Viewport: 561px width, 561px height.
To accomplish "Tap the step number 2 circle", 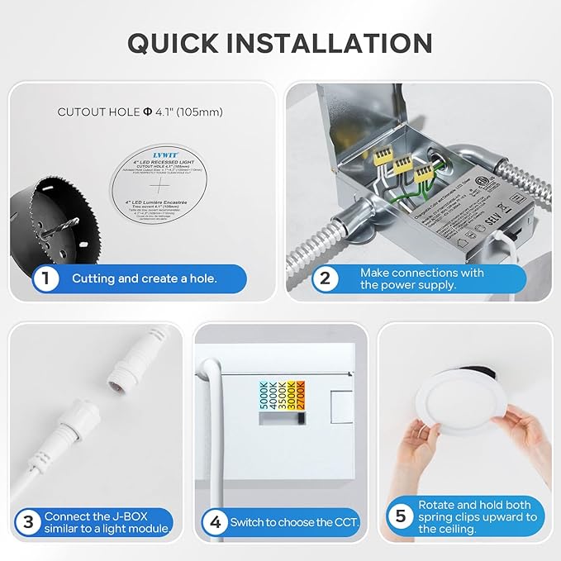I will [x=325, y=278].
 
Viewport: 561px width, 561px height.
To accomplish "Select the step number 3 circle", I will [x=27, y=521].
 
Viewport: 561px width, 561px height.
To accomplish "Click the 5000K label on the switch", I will [x=264, y=395].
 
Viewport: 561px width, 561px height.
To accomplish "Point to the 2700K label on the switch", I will [x=301, y=395].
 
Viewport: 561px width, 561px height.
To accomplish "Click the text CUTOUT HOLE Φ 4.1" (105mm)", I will [x=140, y=111].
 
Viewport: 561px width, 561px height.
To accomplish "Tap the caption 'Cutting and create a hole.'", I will [x=145, y=278].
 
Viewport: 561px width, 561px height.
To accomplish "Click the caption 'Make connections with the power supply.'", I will [x=421, y=278].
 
